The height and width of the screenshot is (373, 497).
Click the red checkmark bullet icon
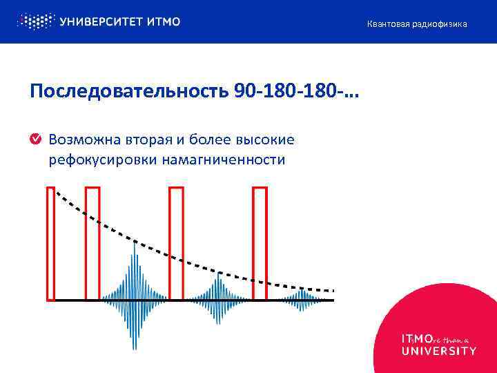(x=35, y=140)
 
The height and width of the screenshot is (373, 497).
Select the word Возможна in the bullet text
(x=77, y=140)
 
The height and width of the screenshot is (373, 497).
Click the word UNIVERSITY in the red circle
(x=438, y=350)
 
